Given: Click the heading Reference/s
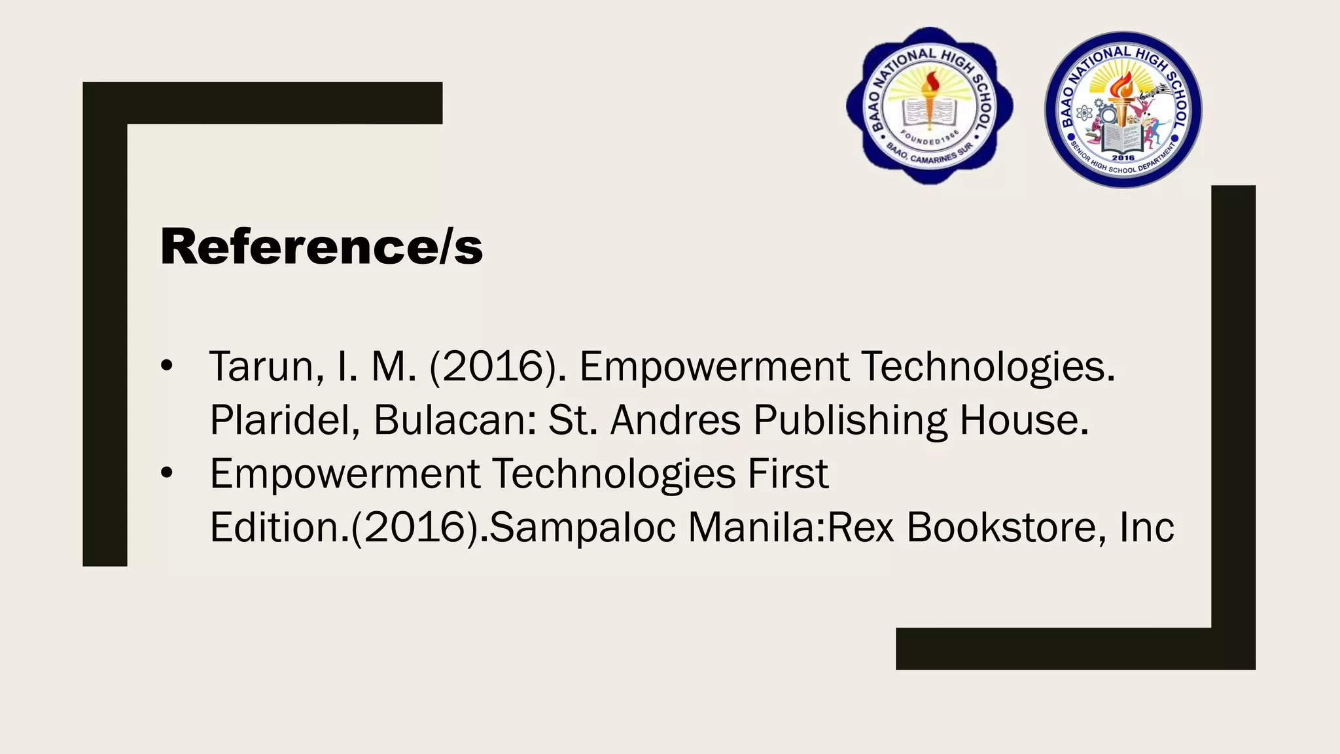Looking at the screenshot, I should point(321,247).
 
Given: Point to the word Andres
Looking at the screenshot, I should point(675,420).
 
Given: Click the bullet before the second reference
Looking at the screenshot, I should point(167,473).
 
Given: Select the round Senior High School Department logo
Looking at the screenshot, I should point(1123,110).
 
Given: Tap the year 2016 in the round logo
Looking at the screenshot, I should point(1123,158).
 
